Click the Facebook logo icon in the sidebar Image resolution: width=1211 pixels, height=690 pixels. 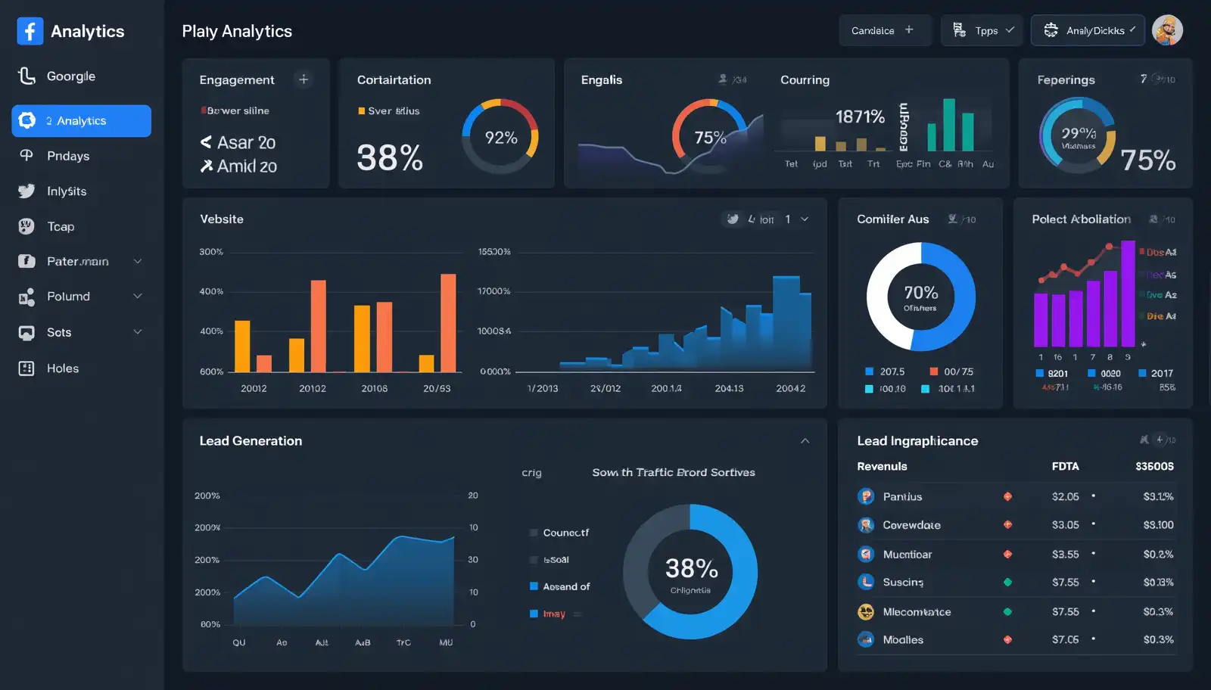point(30,31)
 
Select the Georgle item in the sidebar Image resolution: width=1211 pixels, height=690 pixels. point(70,76)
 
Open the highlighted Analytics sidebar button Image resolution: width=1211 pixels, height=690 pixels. point(81,121)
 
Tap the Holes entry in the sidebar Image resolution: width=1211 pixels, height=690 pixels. point(62,368)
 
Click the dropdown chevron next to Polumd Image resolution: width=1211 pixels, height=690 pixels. point(138,297)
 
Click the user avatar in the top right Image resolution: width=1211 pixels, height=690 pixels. point(1166,30)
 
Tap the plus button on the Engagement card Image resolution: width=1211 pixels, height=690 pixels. point(304,79)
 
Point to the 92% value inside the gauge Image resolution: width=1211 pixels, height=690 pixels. point(500,138)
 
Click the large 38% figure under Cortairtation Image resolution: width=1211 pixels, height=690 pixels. point(390,158)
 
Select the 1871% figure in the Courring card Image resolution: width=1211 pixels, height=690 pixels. point(860,117)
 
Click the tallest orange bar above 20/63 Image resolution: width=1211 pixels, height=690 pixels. point(448,322)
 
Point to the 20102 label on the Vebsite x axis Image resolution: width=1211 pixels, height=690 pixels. point(313,388)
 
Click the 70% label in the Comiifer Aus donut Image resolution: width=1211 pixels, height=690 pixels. point(920,293)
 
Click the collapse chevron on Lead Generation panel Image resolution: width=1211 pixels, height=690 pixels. point(805,441)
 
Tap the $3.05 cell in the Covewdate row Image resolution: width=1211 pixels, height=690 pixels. point(1065,525)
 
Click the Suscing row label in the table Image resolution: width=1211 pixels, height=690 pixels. point(902,583)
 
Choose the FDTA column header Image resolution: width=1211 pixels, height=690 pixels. point(1065,466)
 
